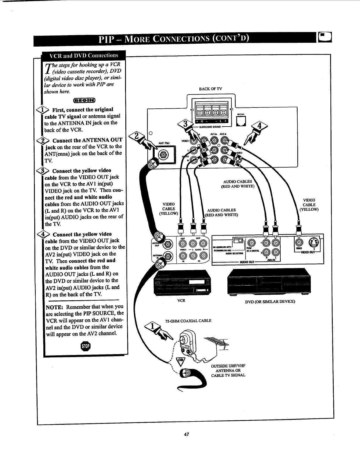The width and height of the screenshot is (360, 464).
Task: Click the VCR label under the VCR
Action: [x=181, y=301]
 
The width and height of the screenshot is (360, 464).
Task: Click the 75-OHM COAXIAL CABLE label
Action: [x=188, y=320]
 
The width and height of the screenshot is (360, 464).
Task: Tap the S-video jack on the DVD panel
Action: [x=315, y=242]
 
